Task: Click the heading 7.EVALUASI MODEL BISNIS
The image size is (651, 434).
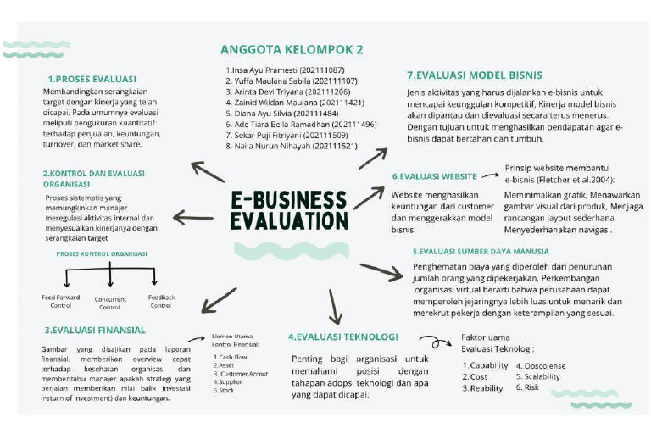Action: pos(475,75)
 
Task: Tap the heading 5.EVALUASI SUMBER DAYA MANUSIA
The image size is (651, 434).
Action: pos(481,252)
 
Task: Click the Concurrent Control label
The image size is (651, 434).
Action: pos(111,303)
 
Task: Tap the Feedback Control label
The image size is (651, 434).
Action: pos(161,301)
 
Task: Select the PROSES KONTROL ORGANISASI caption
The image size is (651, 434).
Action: pos(102,253)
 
